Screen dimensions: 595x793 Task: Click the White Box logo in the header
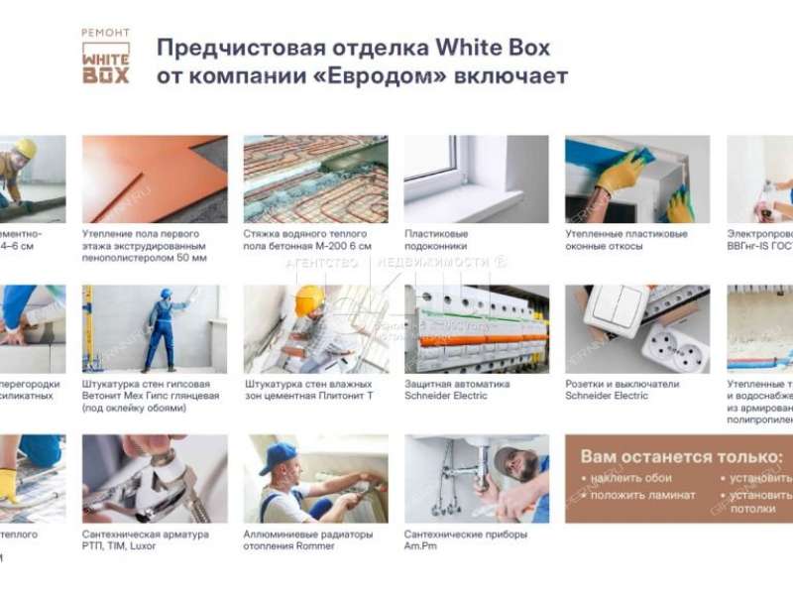[x=105, y=58]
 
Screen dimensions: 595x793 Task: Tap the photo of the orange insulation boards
[x=154, y=178]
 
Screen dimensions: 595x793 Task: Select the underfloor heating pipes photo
[x=315, y=178]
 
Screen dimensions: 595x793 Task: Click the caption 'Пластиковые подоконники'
[x=436, y=240]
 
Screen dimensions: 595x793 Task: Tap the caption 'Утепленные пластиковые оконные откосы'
[x=625, y=240]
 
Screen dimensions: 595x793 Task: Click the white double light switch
[x=616, y=310]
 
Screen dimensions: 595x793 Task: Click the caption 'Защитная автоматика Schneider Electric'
[x=457, y=390]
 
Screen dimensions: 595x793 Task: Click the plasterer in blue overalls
[x=161, y=327]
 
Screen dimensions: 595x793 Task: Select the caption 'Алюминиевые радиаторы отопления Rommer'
[x=308, y=540]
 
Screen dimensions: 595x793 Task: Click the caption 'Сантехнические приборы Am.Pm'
[x=465, y=540]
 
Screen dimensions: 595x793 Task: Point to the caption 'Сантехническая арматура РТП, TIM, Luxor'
[x=145, y=540]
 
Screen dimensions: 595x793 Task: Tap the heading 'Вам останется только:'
[x=680, y=457]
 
